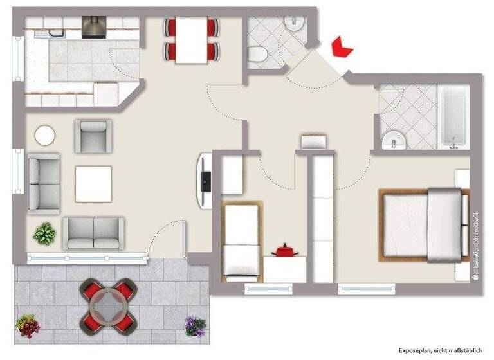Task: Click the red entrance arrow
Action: point(341,48)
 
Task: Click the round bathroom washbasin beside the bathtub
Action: point(392,140)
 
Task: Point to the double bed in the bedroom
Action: point(423,224)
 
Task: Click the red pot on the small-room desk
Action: point(284,250)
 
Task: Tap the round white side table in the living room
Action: point(45,135)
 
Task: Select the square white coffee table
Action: point(93,184)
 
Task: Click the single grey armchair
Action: point(93,136)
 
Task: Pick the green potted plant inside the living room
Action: point(44,233)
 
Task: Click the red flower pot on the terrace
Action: point(28,325)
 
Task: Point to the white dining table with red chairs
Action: point(192,40)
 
